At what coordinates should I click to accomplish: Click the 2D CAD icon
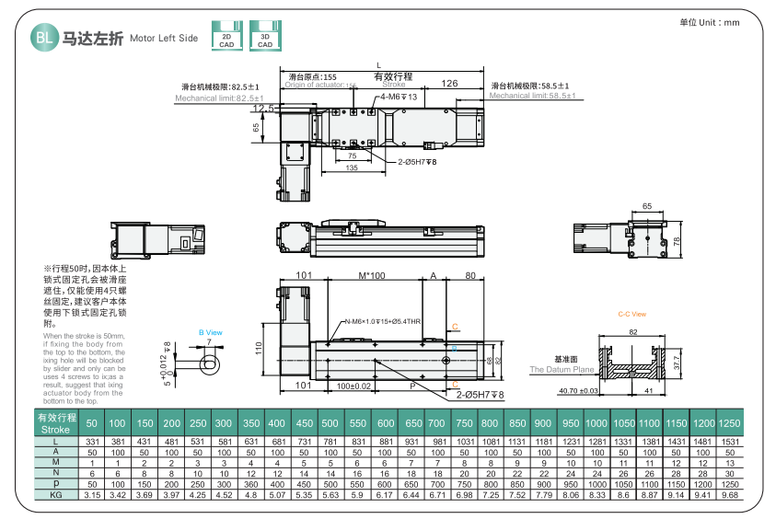point(226,35)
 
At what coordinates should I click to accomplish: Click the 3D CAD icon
point(265,35)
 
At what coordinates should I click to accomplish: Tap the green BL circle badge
point(42,37)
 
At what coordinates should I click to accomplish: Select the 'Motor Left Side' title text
point(164,39)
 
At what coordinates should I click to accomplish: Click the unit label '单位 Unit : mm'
point(709,22)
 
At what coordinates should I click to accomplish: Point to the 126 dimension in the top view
point(449,84)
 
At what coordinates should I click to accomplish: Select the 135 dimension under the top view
point(352,168)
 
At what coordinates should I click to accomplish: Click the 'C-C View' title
point(631,314)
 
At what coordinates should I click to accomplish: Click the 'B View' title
point(211,332)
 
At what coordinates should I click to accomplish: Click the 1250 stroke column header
point(729,423)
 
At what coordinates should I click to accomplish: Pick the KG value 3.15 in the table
point(92,494)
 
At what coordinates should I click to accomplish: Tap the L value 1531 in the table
point(729,443)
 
